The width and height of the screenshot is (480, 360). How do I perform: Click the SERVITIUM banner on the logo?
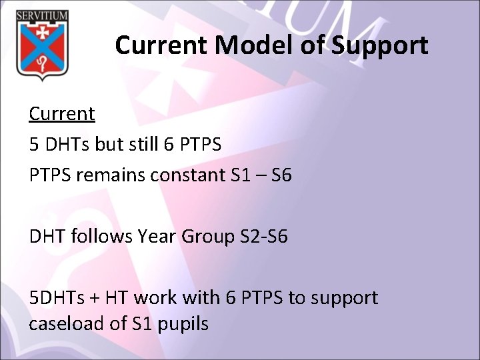[43, 15]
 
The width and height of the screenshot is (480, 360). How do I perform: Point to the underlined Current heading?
[61, 114]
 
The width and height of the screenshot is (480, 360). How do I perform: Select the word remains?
[108, 175]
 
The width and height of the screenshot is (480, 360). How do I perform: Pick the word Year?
[154, 237]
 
